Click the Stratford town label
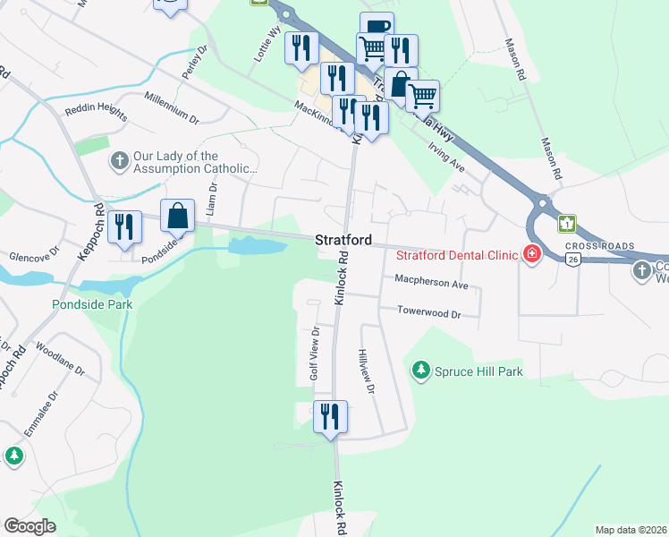tap(343, 241)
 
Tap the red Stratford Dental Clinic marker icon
tap(532, 255)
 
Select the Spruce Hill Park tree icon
tap(419, 370)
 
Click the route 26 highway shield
tap(571, 259)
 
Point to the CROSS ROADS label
tap(599, 246)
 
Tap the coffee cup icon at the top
tap(377, 28)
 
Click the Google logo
tap(30, 526)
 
